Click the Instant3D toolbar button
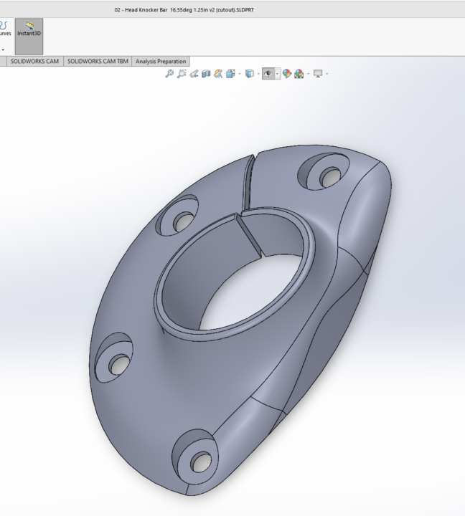click(29, 32)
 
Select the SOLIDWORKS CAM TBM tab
click(97, 62)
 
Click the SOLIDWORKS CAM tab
click(34, 62)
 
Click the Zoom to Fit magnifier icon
click(169, 74)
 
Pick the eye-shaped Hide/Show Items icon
click(269, 74)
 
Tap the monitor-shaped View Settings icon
click(318, 74)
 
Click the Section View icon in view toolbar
click(206, 74)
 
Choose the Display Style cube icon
click(249, 74)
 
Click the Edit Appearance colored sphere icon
click(287, 74)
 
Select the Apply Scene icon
click(299, 74)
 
